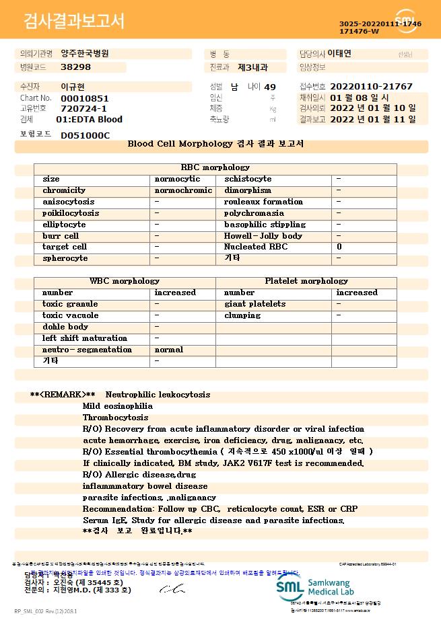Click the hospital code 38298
[x=75, y=67]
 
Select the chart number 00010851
[x=84, y=98]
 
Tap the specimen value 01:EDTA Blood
[x=89, y=120]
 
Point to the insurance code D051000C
[x=85, y=135]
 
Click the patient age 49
[x=270, y=87]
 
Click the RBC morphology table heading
[x=215, y=167]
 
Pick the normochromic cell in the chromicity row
[x=183, y=190]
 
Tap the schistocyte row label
[x=248, y=179]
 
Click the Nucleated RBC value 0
[x=339, y=247]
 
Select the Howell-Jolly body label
[x=263, y=236]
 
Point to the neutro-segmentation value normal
[x=169, y=350]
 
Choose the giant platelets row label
[x=255, y=304]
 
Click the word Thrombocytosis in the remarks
[x=115, y=418]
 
